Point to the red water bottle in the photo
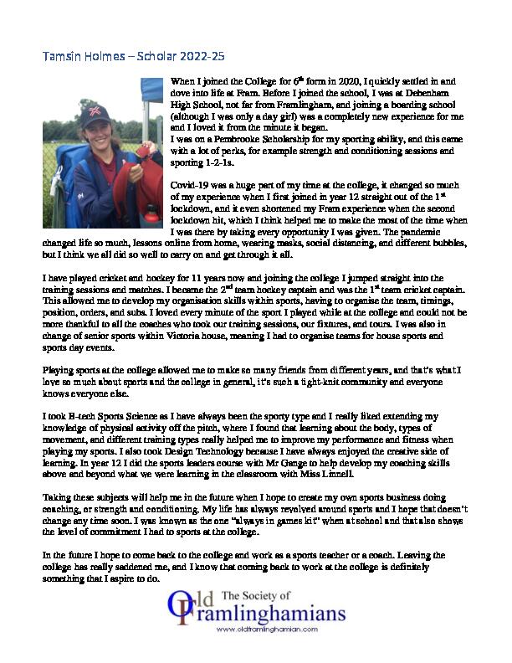pos(151,216)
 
